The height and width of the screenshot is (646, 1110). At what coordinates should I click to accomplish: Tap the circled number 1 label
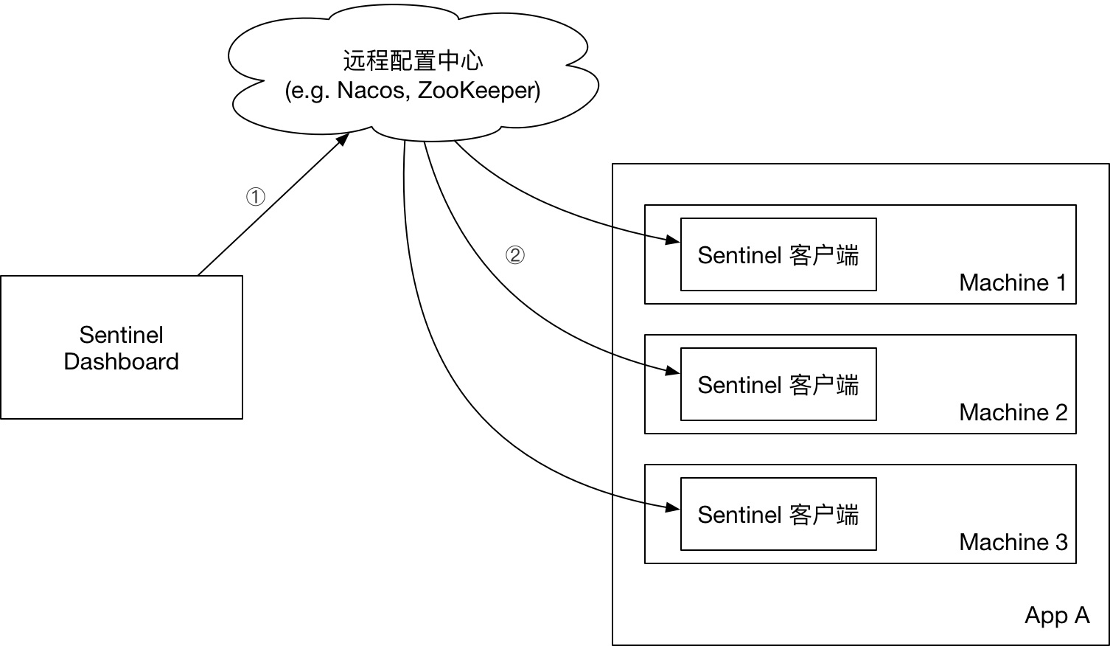pyautogui.click(x=255, y=197)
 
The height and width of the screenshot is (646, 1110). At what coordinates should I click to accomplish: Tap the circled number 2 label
pyautogui.click(x=514, y=255)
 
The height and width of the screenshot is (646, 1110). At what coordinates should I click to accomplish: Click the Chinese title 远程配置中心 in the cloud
pyautogui.click(x=413, y=60)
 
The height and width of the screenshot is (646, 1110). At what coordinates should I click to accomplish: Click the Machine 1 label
pyautogui.click(x=1013, y=282)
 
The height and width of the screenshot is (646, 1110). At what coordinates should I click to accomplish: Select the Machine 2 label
pyautogui.click(x=1013, y=412)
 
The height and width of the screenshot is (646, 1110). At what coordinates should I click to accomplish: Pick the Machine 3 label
pyautogui.click(x=1013, y=542)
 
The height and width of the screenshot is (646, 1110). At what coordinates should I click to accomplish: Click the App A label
pyautogui.click(x=1056, y=615)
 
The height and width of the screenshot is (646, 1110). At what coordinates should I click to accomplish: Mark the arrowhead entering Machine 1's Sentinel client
pyautogui.click(x=672, y=240)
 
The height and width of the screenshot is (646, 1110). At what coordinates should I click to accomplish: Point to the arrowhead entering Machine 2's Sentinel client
pyautogui.click(x=672, y=371)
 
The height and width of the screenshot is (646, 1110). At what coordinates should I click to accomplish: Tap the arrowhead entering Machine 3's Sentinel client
pyautogui.click(x=672, y=507)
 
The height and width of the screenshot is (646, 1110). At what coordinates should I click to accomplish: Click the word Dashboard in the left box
pyautogui.click(x=122, y=361)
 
